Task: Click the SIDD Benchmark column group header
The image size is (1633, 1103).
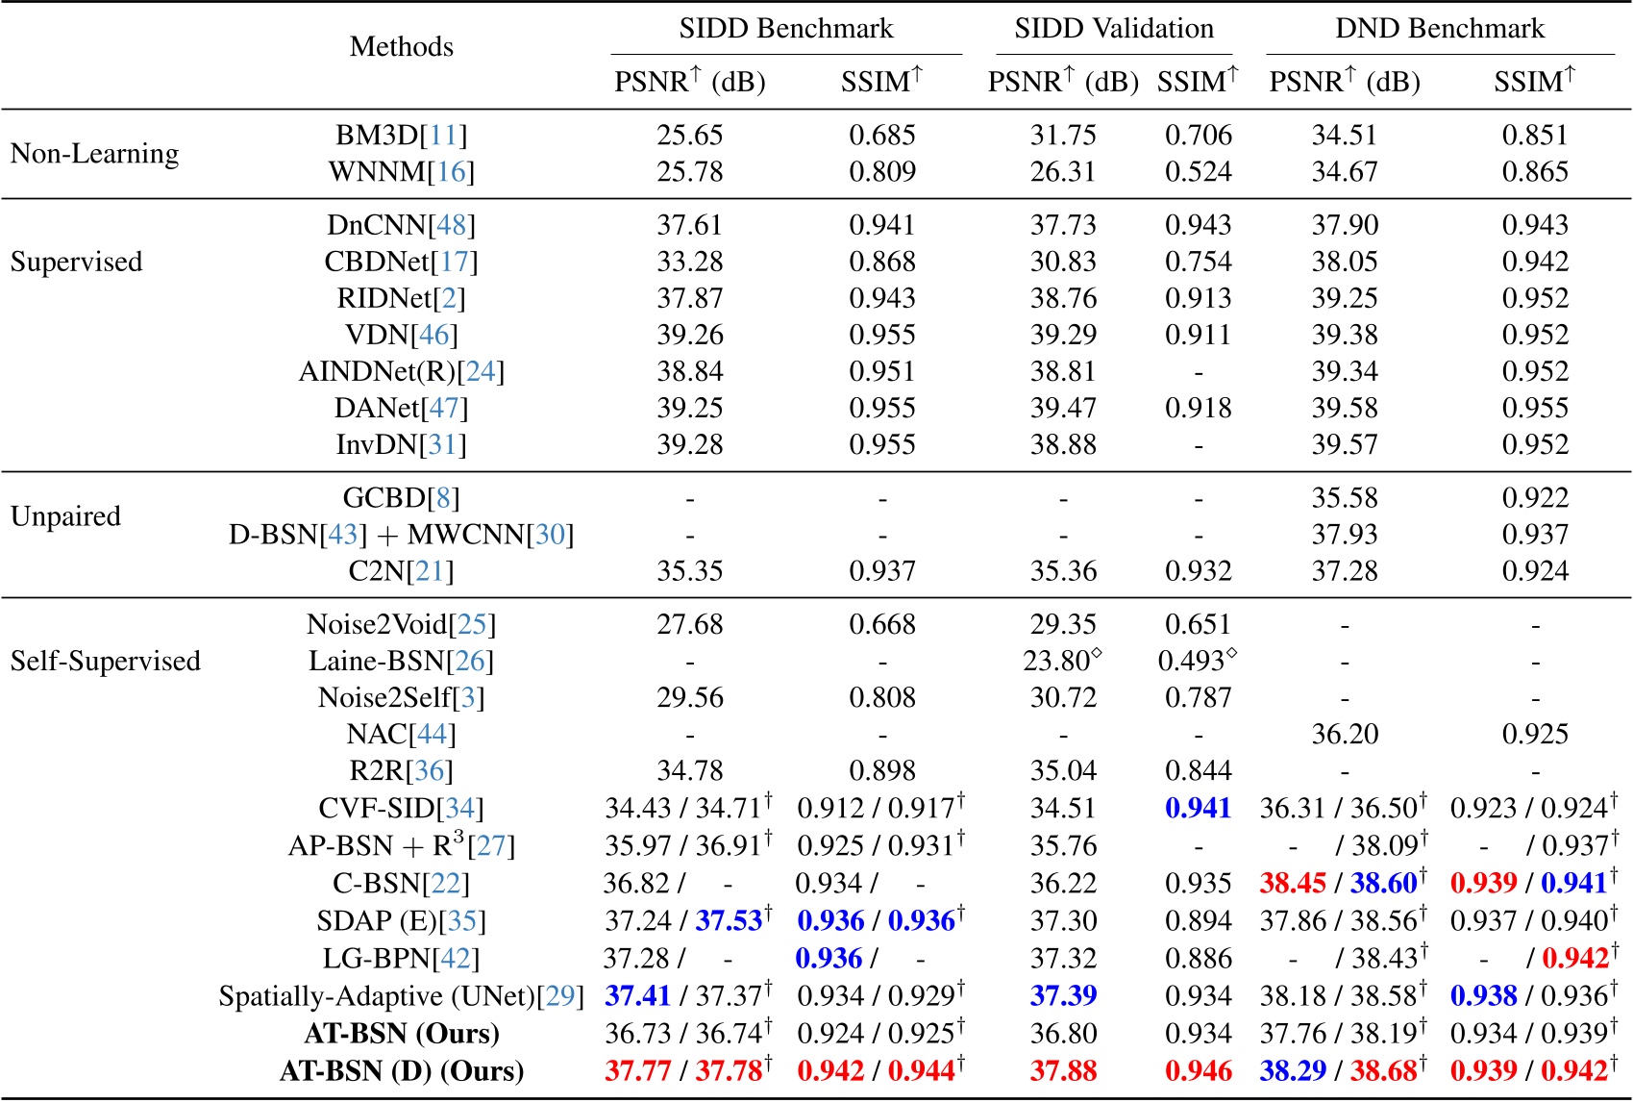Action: pyautogui.click(x=785, y=29)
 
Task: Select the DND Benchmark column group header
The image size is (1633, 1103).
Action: pyautogui.click(x=1439, y=29)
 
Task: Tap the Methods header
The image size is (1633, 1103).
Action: pyautogui.click(x=401, y=46)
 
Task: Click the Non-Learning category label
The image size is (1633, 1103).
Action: pyautogui.click(x=94, y=154)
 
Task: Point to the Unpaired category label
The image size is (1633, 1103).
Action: pyautogui.click(x=65, y=516)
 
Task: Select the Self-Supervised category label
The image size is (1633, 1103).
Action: pyautogui.click(x=105, y=662)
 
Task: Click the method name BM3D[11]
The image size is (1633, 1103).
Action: pyautogui.click(x=401, y=136)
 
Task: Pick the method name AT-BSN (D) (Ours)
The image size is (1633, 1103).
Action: pyautogui.click(x=401, y=1071)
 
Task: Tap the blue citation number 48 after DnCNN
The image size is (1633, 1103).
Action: pyautogui.click(x=451, y=225)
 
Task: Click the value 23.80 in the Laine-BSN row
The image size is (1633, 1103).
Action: pyautogui.click(x=1056, y=662)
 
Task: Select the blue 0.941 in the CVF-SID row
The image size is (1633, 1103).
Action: pyautogui.click(x=1198, y=808)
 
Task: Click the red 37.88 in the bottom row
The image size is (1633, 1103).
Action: pyautogui.click(x=1063, y=1071)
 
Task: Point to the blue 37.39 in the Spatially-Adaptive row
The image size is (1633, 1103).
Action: pyautogui.click(x=1063, y=996)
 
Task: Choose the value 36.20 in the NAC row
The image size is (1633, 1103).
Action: pyautogui.click(x=1345, y=735)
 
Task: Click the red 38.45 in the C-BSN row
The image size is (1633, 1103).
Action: pyautogui.click(x=1293, y=883)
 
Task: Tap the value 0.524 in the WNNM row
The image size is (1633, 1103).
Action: pyautogui.click(x=1198, y=172)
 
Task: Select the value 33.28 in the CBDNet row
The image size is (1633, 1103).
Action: pyautogui.click(x=689, y=262)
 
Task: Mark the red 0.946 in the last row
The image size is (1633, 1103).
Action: pyautogui.click(x=1198, y=1071)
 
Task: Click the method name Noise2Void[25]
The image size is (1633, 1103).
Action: pyautogui.click(x=401, y=625)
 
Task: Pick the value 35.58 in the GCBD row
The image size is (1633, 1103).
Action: pyautogui.click(x=1345, y=498)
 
